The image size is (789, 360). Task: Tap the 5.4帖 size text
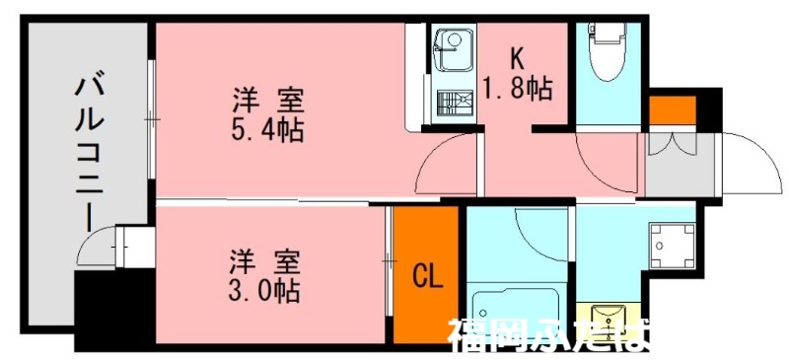click(267, 128)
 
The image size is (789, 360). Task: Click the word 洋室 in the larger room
click(267, 100)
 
